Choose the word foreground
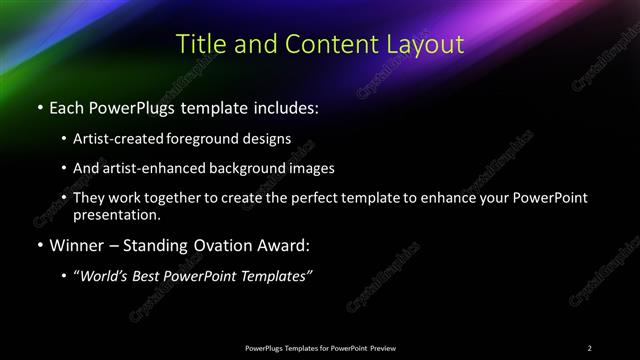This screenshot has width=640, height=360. tap(214, 138)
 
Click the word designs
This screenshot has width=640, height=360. tap(271, 138)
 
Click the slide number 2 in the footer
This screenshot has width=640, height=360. tap(590, 347)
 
